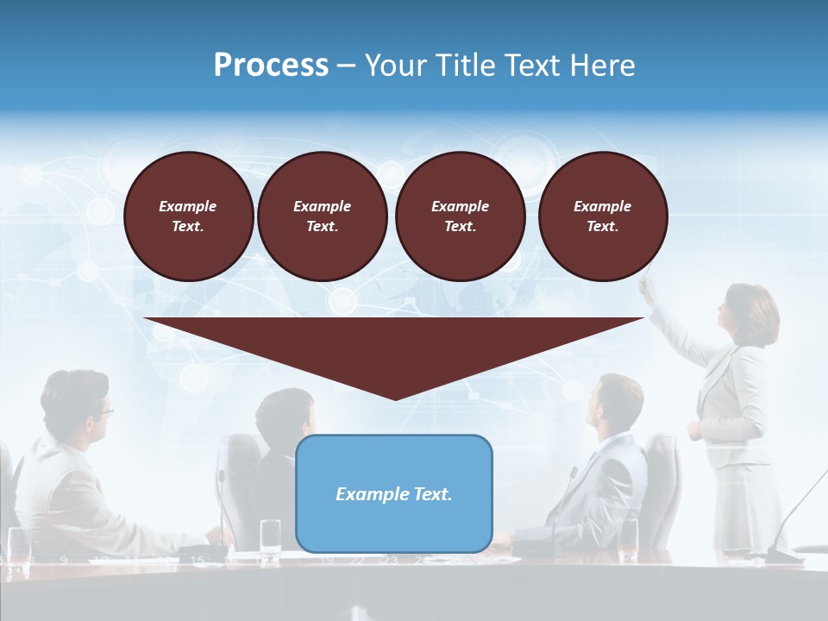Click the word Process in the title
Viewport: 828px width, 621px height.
pos(271,66)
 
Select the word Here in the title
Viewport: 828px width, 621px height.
pos(603,66)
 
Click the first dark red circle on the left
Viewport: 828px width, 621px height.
pos(188,216)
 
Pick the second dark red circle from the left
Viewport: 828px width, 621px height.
pos(322,216)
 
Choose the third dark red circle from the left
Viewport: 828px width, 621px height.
pos(460,216)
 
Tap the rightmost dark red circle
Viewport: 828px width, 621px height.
pos(603,216)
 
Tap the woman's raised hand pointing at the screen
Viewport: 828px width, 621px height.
pos(646,285)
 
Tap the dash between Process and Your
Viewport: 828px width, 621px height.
pos(347,66)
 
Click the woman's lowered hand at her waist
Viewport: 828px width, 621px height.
pos(695,430)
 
